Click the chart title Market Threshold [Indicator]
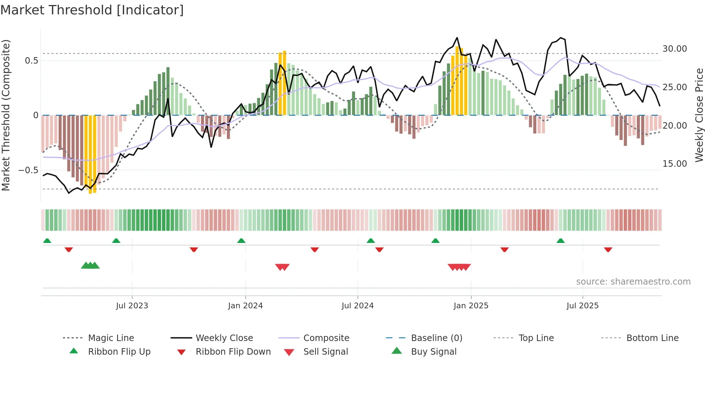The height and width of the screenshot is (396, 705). (92, 10)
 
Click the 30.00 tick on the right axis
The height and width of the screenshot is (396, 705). (674, 49)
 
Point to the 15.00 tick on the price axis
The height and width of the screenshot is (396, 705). (674, 164)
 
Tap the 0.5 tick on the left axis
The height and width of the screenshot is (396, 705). (31, 61)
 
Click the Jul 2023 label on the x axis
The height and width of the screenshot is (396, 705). (132, 306)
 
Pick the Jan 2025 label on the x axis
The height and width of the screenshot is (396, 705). (471, 306)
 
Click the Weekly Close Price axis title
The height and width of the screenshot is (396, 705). (699, 115)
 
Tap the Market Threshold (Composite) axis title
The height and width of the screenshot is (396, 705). (6, 115)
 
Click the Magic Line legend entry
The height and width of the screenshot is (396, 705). (111, 338)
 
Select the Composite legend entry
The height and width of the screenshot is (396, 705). (326, 338)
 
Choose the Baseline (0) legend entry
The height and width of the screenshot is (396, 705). (436, 338)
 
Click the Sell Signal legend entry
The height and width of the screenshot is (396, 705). (325, 352)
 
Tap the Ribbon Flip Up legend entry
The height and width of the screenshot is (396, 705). (119, 352)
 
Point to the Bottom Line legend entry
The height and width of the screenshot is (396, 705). (652, 338)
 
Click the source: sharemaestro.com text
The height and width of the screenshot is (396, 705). (633, 282)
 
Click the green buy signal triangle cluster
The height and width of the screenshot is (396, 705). (90, 266)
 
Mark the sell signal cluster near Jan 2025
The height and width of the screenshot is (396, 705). (459, 267)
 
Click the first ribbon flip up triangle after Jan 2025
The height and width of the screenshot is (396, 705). (560, 241)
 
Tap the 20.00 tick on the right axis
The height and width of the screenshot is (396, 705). (674, 126)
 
